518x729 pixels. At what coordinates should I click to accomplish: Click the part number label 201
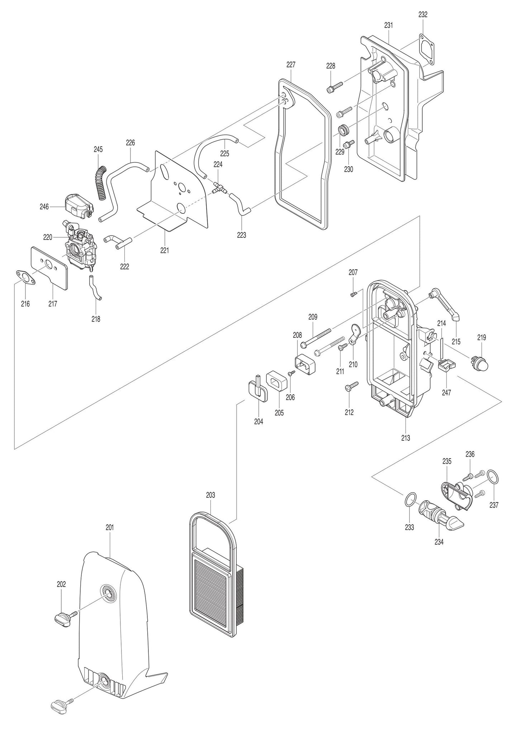click(110, 527)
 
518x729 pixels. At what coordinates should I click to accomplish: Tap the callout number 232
click(423, 15)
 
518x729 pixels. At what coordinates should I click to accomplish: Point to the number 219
click(481, 337)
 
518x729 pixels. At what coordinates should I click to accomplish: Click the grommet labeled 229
click(344, 130)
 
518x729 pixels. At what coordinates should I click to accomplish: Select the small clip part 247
click(447, 366)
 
